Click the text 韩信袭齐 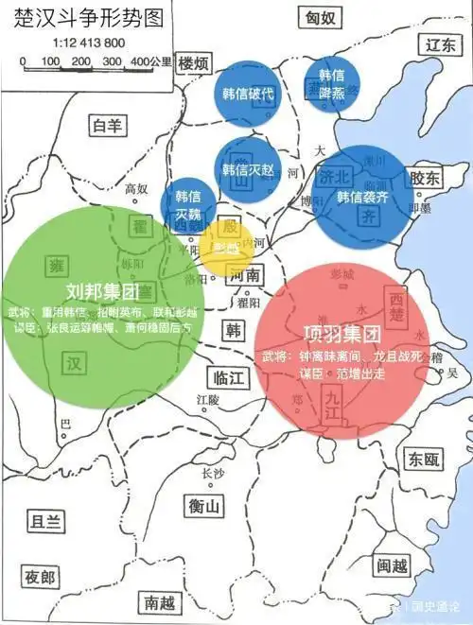pos(362,197)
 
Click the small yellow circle pos(225,249)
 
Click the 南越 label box pos(157,601)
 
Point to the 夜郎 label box pos(42,577)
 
